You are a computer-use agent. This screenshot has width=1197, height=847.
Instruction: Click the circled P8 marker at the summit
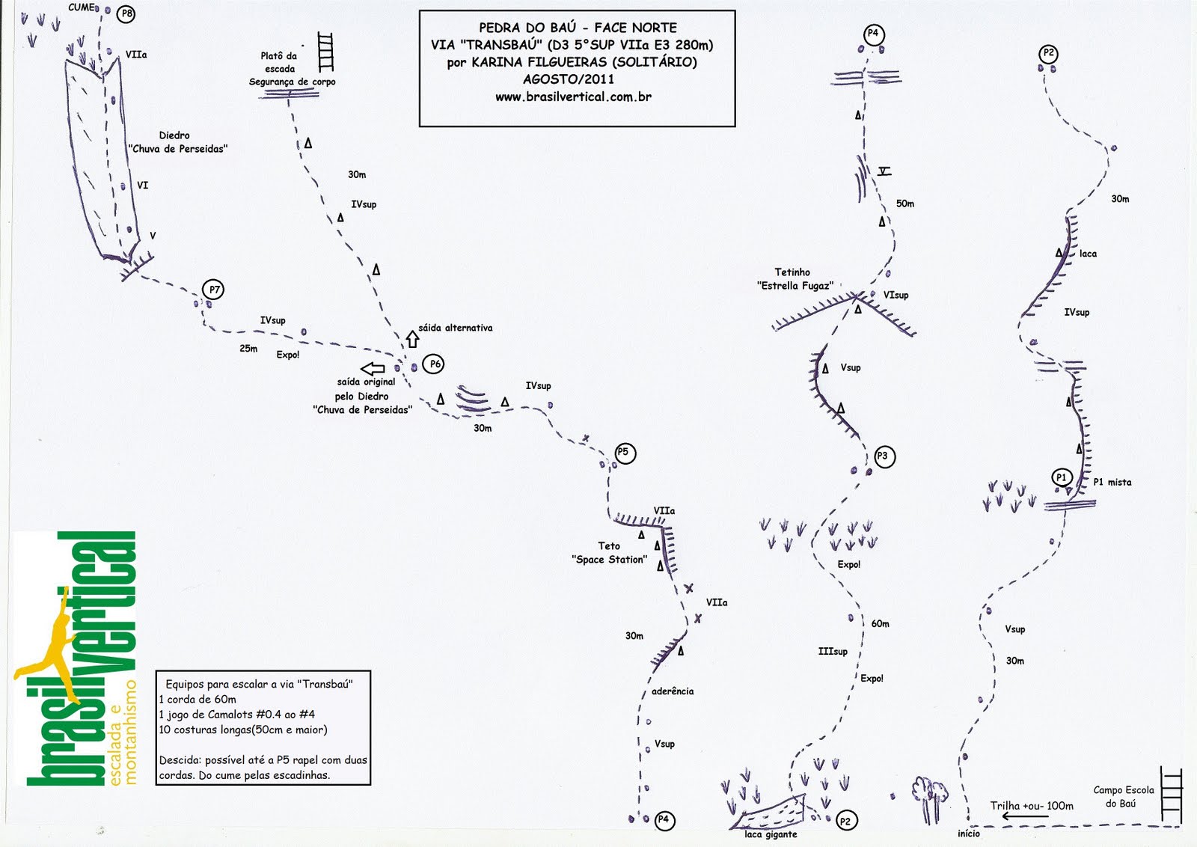126,13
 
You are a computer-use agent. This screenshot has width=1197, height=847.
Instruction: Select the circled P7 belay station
214,290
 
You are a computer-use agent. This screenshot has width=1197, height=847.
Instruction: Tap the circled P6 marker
434,364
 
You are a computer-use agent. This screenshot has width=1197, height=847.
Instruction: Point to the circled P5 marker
624,453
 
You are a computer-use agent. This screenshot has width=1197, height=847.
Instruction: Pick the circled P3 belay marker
884,456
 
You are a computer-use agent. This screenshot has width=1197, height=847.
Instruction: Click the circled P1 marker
1061,477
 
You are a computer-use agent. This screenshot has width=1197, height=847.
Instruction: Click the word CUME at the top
82,7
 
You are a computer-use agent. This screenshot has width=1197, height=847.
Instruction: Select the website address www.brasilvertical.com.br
573,97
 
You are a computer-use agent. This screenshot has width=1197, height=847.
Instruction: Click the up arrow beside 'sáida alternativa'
412,338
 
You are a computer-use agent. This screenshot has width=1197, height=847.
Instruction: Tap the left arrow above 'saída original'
373,368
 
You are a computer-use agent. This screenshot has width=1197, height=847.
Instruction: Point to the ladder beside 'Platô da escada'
325,52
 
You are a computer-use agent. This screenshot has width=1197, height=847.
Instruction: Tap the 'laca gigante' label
771,834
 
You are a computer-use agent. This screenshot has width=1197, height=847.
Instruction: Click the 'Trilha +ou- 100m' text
1032,806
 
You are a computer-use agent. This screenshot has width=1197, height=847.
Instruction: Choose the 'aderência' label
673,691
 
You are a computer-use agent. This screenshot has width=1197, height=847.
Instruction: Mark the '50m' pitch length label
905,204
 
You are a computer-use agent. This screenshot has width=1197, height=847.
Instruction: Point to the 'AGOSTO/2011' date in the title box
569,79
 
